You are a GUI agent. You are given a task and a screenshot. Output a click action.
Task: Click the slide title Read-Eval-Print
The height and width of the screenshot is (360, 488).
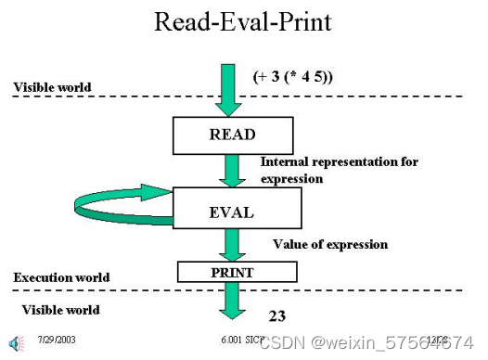pos(243,22)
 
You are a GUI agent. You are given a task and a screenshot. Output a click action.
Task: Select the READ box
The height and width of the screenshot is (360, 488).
pos(231,135)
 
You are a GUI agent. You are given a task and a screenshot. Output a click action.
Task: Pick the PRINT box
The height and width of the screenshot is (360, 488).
pos(238,272)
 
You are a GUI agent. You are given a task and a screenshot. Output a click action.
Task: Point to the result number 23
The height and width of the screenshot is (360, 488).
pos(276,315)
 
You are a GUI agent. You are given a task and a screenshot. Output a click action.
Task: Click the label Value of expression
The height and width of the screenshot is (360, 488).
pos(329,244)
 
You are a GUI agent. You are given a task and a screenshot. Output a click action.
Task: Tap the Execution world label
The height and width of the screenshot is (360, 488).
pos(61,277)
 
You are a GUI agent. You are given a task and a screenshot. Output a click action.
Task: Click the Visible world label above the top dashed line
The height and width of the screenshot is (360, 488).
pos(52,87)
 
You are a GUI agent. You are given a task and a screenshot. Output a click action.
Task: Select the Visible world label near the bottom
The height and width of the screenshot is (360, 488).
pos(60,309)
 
